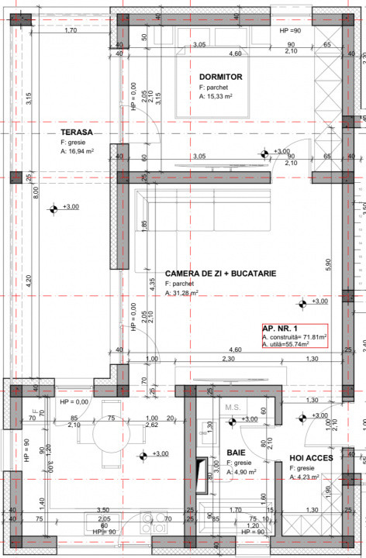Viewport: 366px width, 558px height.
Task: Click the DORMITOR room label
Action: pyautogui.click(x=221, y=77)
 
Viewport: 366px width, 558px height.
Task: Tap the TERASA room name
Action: pyautogui.click(x=77, y=133)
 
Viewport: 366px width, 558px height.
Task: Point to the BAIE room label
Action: pyautogui.click(x=237, y=451)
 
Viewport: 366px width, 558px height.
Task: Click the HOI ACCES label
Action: pyautogui.click(x=312, y=458)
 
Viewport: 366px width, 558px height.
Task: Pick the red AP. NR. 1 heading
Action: pyautogui.click(x=281, y=329)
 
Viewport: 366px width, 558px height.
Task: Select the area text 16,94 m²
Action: pyautogui.click(x=88, y=153)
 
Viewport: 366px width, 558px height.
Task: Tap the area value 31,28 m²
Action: pyautogui.click(x=185, y=294)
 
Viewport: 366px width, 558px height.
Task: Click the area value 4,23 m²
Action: pyautogui.click(x=311, y=478)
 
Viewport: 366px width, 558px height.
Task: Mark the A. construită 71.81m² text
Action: pyautogui.click(x=295, y=338)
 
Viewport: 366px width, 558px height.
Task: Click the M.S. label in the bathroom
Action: pyautogui.click(x=233, y=407)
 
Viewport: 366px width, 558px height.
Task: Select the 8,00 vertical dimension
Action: pyautogui.click(x=35, y=191)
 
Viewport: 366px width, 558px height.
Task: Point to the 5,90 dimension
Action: pyautogui.click(x=329, y=264)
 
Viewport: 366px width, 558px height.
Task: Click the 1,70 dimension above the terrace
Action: pyautogui.click(x=70, y=30)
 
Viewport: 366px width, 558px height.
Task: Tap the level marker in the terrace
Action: pyautogui.click(x=54, y=208)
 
